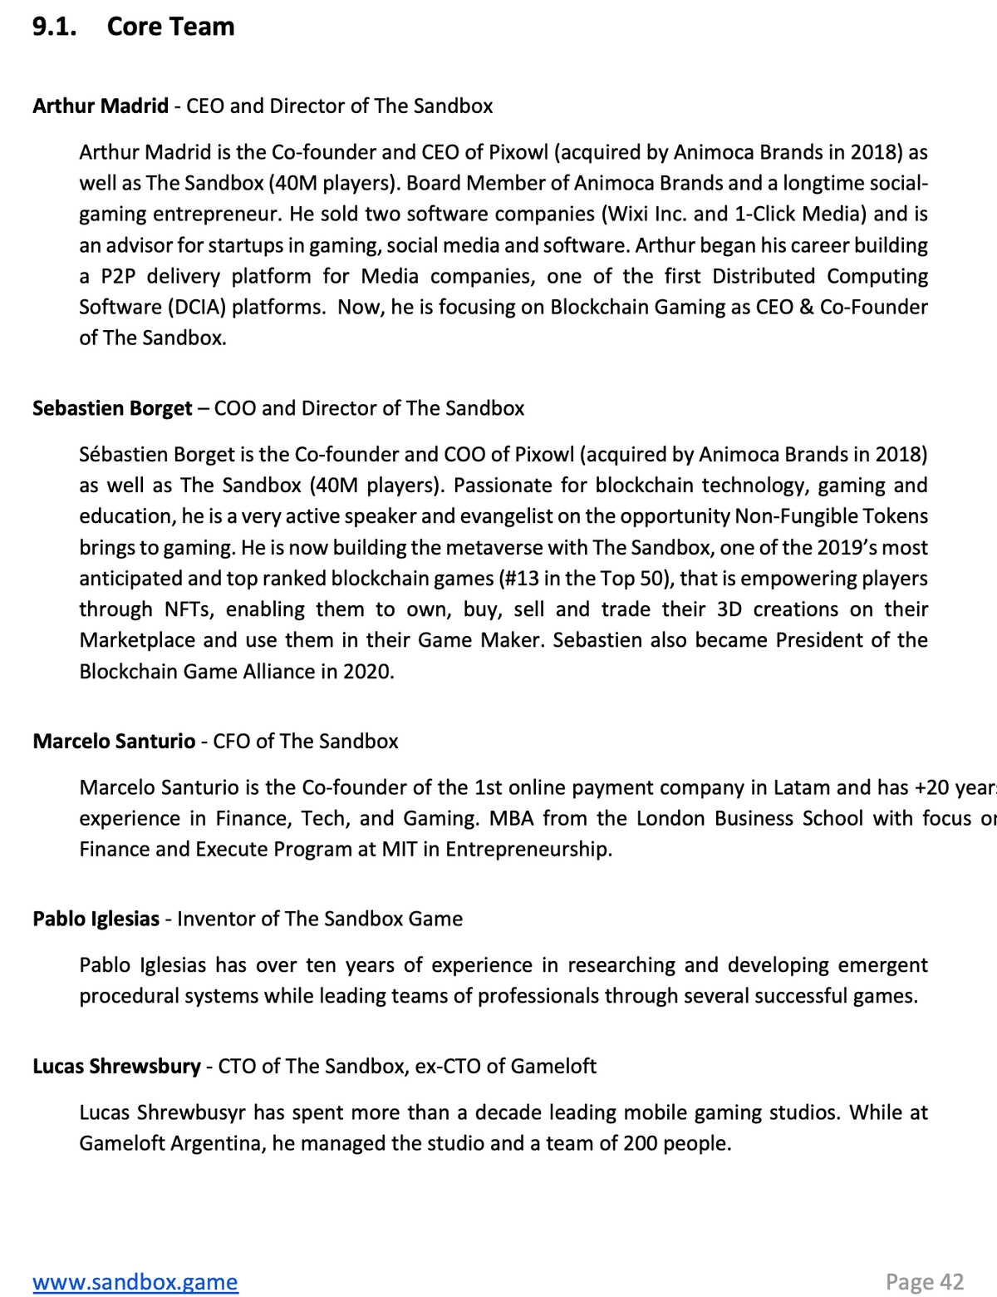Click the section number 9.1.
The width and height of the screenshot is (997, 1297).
(54, 27)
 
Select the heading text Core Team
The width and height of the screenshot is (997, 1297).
(170, 27)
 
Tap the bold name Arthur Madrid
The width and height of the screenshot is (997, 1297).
(101, 106)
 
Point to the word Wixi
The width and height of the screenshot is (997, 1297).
(629, 215)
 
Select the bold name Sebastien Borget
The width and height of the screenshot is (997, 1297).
(112, 408)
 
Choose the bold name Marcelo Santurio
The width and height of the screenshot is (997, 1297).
(114, 742)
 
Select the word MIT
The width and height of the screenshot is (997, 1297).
(400, 850)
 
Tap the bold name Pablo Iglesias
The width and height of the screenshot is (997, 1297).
(96, 919)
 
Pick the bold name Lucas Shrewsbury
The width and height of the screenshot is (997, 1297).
(116, 1067)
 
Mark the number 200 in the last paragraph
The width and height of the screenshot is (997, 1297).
(641, 1144)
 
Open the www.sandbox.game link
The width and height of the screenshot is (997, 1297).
(135, 1282)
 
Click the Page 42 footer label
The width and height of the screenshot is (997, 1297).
(924, 1282)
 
